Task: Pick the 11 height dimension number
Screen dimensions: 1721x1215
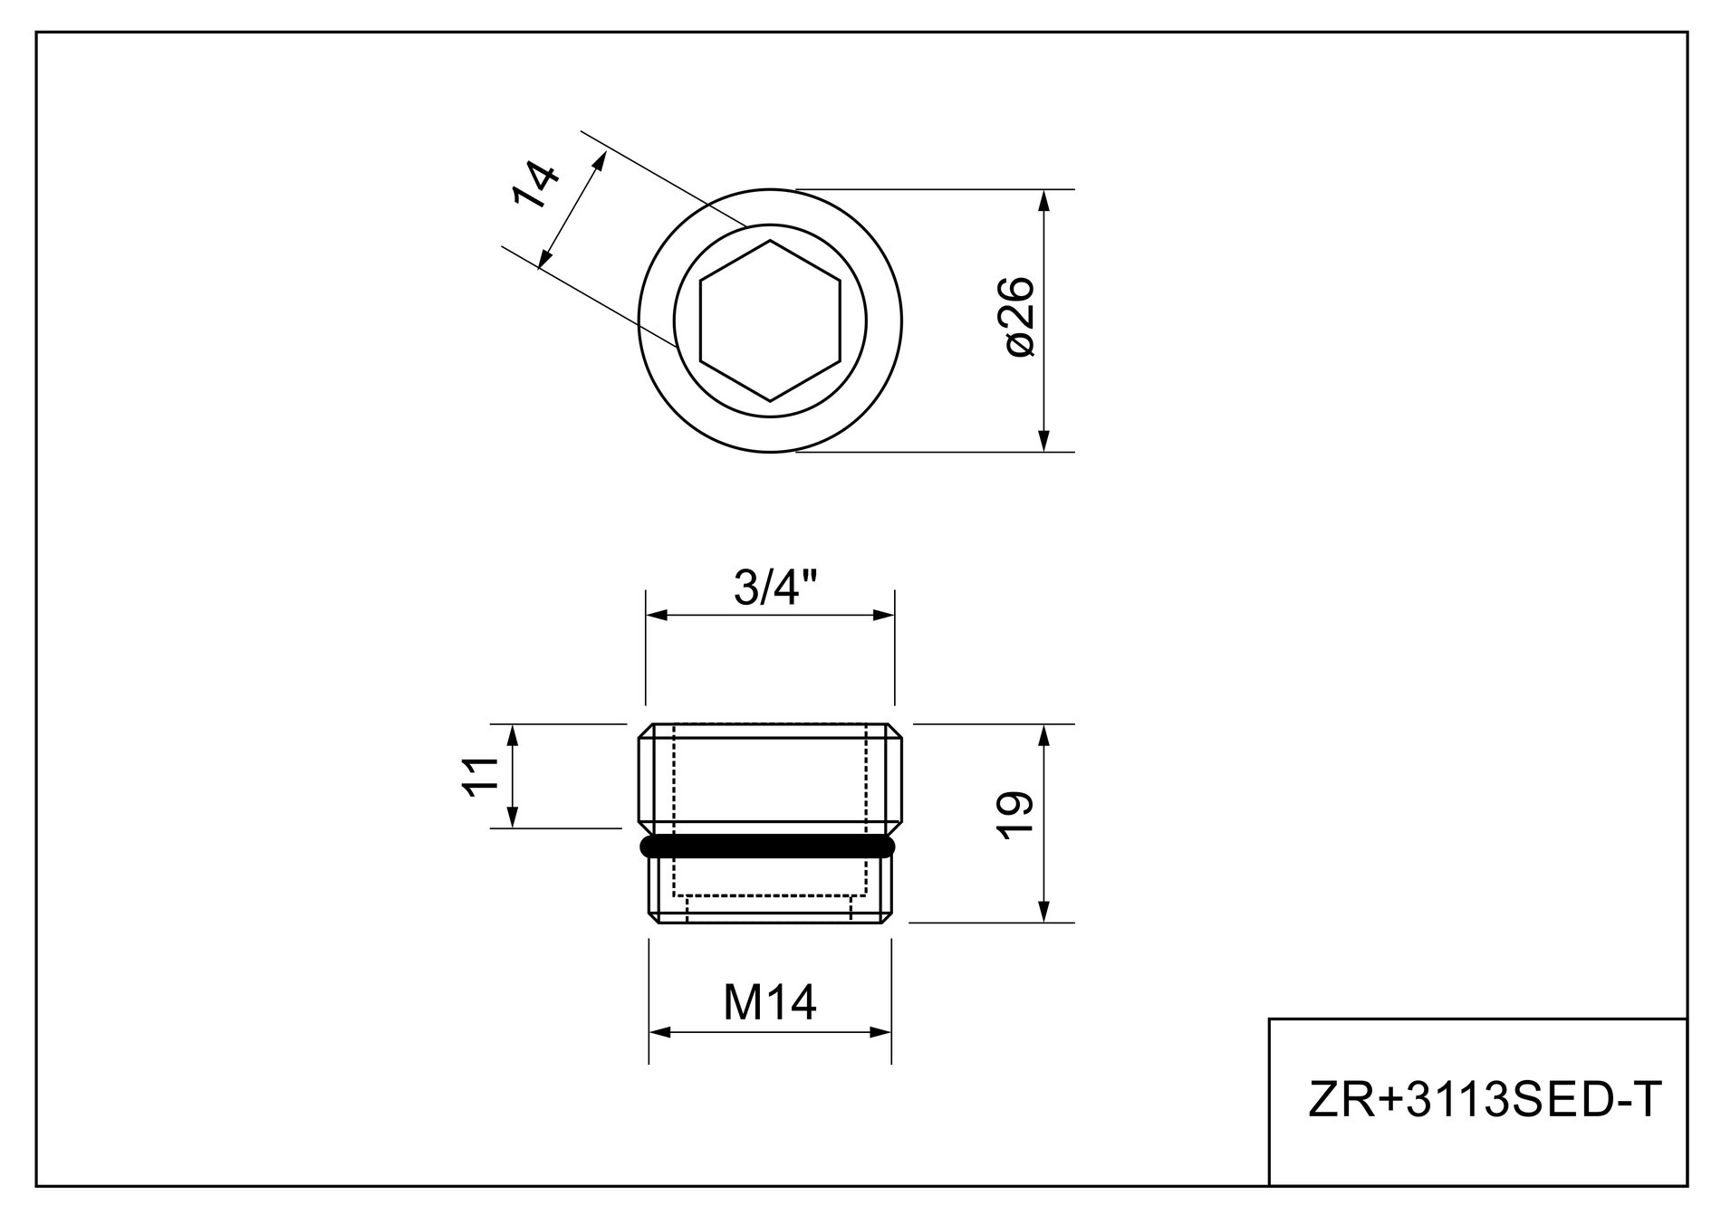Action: coord(481,776)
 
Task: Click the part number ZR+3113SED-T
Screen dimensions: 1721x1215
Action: coord(1485,1101)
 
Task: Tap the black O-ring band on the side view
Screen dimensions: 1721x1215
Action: coord(767,846)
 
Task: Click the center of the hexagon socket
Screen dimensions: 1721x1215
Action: coord(770,320)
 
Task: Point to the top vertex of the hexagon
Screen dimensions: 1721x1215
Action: coord(770,241)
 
